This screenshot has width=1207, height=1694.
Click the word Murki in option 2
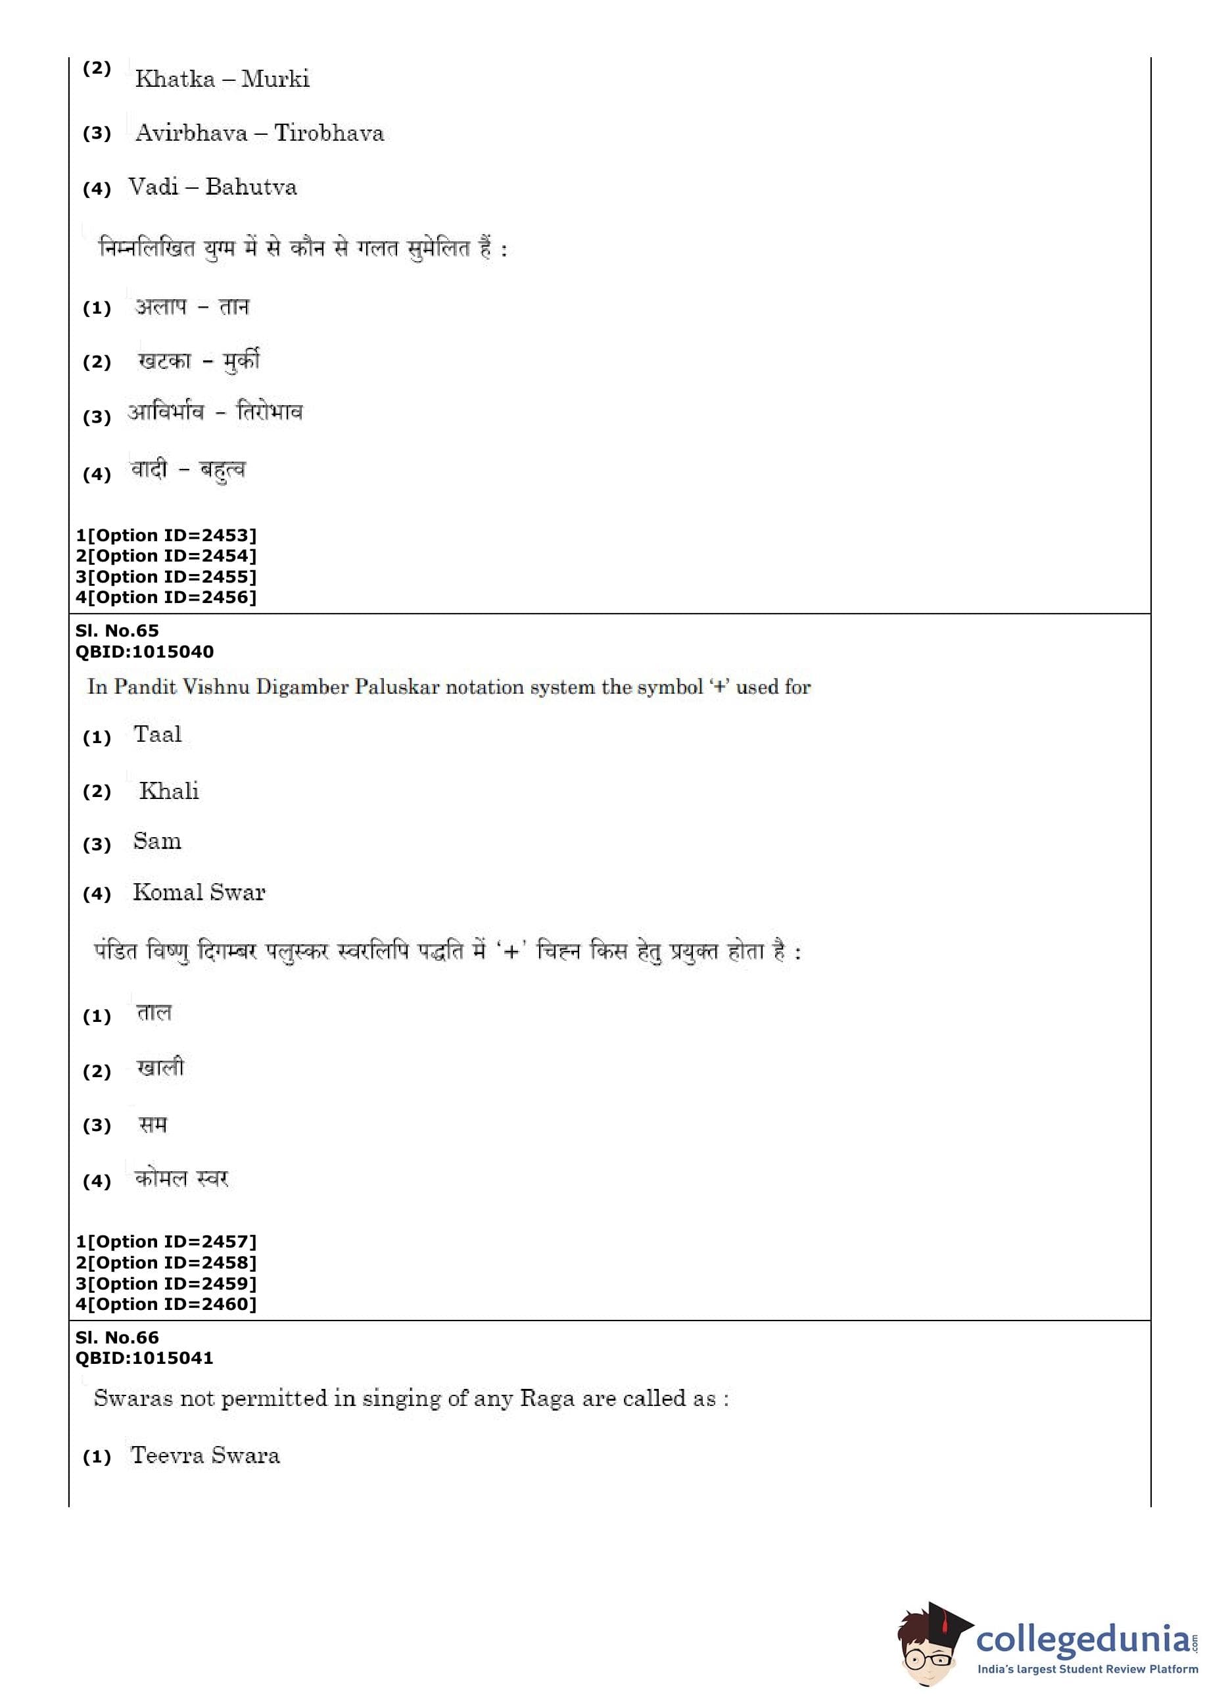(x=275, y=79)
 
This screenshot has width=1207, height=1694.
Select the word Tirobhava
(x=329, y=133)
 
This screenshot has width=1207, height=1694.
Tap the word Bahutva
(x=251, y=187)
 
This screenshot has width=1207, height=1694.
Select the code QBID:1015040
(x=144, y=651)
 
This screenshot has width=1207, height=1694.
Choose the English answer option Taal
(x=158, y=735)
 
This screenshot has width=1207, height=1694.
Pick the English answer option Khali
(x=169, y=791)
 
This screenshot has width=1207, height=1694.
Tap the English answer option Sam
(x=157, y=842)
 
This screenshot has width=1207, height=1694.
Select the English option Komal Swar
(x=199, y=892)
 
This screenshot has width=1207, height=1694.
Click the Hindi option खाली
(x=160, y=1068)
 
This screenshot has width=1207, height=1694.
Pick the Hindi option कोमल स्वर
(x=181, y=1178)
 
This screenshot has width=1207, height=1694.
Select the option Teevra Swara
(x=205, y=1455)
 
